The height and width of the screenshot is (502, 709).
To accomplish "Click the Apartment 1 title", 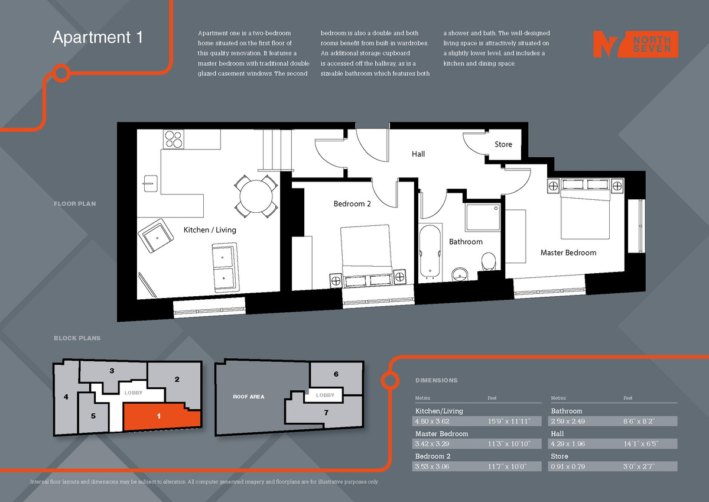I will [97, 37].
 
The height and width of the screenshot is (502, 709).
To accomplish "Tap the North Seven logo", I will [635, 44].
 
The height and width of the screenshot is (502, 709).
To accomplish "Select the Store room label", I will [503, 144].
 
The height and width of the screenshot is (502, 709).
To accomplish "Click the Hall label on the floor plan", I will [418, 154].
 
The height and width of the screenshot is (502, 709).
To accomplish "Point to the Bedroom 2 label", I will [352, 204].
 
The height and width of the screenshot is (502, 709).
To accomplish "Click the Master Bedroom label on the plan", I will [568, 252].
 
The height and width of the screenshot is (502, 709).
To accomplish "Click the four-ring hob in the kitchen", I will [174, 139].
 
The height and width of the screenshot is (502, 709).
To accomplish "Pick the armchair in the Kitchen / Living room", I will [157, 236].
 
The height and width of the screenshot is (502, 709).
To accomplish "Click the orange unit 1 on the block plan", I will [160, 417].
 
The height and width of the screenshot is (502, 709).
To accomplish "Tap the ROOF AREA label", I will [249, 397].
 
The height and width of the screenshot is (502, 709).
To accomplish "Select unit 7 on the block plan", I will [326, 413].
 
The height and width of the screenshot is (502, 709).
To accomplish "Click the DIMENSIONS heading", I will [436, 380].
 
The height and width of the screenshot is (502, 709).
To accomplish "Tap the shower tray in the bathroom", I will [482, 218].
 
